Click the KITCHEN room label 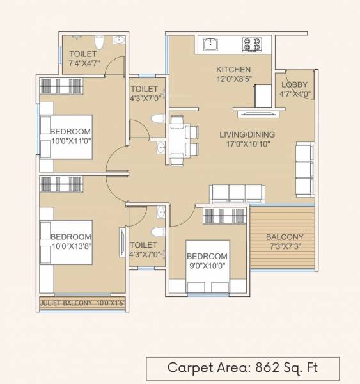(x=233, y=70)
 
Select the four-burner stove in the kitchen (x=251, y=44)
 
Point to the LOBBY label (x=295, y=84)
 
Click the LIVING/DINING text (x=247, y=134)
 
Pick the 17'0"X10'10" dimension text (x=247, y=145)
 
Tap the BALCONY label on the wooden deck (x=285, y=237)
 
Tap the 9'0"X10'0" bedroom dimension (x=207, y=267)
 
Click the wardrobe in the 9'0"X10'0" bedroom (x=224, y=216)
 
